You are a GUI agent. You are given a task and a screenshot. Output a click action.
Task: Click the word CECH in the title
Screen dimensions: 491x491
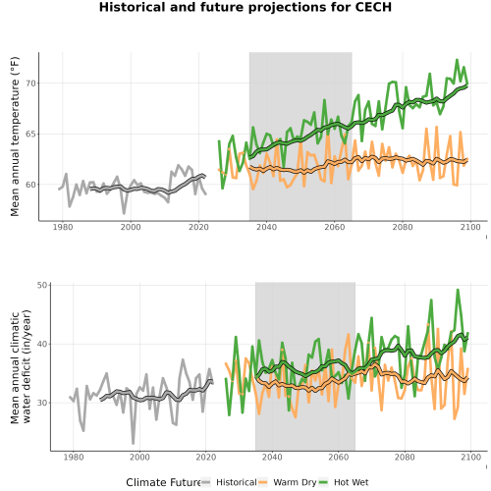point(373,7)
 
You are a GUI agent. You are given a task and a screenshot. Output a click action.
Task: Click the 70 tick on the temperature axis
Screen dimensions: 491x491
point(31,83)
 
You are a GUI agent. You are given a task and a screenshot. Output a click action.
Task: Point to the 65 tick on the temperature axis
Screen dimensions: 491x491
point(31,134)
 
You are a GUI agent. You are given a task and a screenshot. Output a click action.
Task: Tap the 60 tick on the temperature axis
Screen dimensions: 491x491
point(31,185)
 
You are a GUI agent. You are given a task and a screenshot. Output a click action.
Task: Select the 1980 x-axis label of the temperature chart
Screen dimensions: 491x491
point(63,227)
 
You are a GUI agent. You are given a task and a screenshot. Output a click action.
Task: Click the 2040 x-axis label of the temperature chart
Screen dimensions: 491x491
point(266,227)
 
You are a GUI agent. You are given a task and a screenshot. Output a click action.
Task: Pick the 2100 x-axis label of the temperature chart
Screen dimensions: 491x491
point(470,227)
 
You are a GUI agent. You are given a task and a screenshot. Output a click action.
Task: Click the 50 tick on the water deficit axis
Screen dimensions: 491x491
point(42,285)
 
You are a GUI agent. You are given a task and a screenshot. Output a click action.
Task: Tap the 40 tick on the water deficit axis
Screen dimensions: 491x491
point(42,344)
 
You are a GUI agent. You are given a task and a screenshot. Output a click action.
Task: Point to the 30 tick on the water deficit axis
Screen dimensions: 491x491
point(42,403)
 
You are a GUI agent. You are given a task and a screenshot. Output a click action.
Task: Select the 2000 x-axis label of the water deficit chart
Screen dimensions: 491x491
point(139,457)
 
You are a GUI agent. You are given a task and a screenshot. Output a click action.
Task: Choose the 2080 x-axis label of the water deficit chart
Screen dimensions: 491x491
point(405,457)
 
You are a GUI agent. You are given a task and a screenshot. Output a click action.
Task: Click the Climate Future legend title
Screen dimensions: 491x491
point(164,482)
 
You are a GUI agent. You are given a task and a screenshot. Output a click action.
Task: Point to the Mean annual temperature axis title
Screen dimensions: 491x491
point(15,136)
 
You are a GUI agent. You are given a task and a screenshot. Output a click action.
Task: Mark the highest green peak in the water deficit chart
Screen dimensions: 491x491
point(458,290)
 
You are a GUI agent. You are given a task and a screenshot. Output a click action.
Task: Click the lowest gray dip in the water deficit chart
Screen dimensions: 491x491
point(134,444)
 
